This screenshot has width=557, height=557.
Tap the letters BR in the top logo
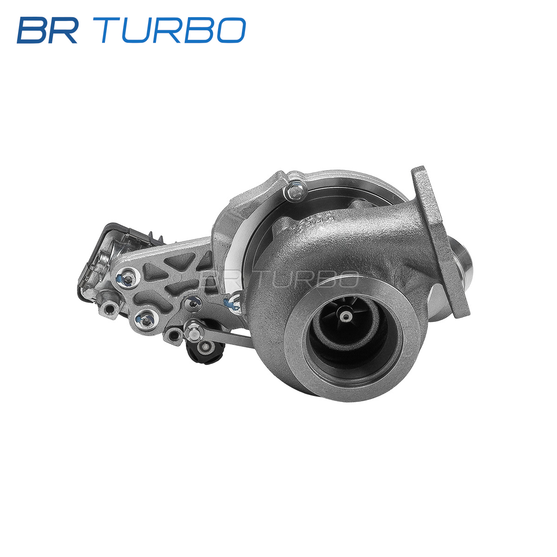(47, 31)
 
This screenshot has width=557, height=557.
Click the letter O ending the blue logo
(231, 31)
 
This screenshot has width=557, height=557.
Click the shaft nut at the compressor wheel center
(345, 317)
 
